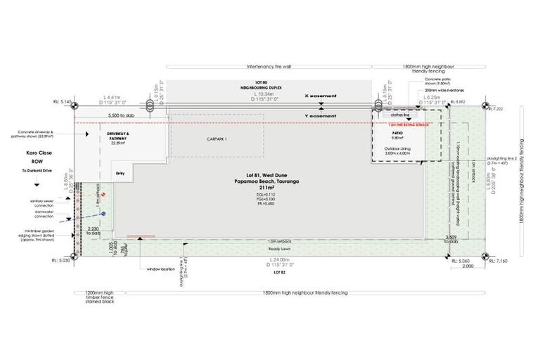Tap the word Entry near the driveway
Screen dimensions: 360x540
[x=120, y=172]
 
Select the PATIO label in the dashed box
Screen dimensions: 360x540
[x=396, y=132]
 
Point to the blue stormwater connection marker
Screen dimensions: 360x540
[x=102, y=214]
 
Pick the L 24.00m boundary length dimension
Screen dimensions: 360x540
[x=279, y=260]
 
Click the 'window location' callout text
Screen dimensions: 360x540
[x=162, y=269]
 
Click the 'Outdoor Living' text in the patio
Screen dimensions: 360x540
[x=397, y=149]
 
